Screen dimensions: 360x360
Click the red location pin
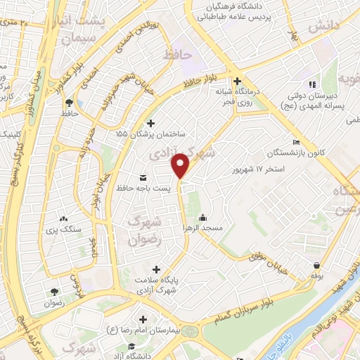click(181, 165)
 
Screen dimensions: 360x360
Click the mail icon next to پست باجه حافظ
click(144, 176)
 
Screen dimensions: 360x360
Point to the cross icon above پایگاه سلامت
click(156, 269)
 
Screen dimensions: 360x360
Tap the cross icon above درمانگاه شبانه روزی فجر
click(237, 80)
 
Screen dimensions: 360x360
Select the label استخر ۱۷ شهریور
click(260, 169)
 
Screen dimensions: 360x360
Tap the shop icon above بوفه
click(317, 265)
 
